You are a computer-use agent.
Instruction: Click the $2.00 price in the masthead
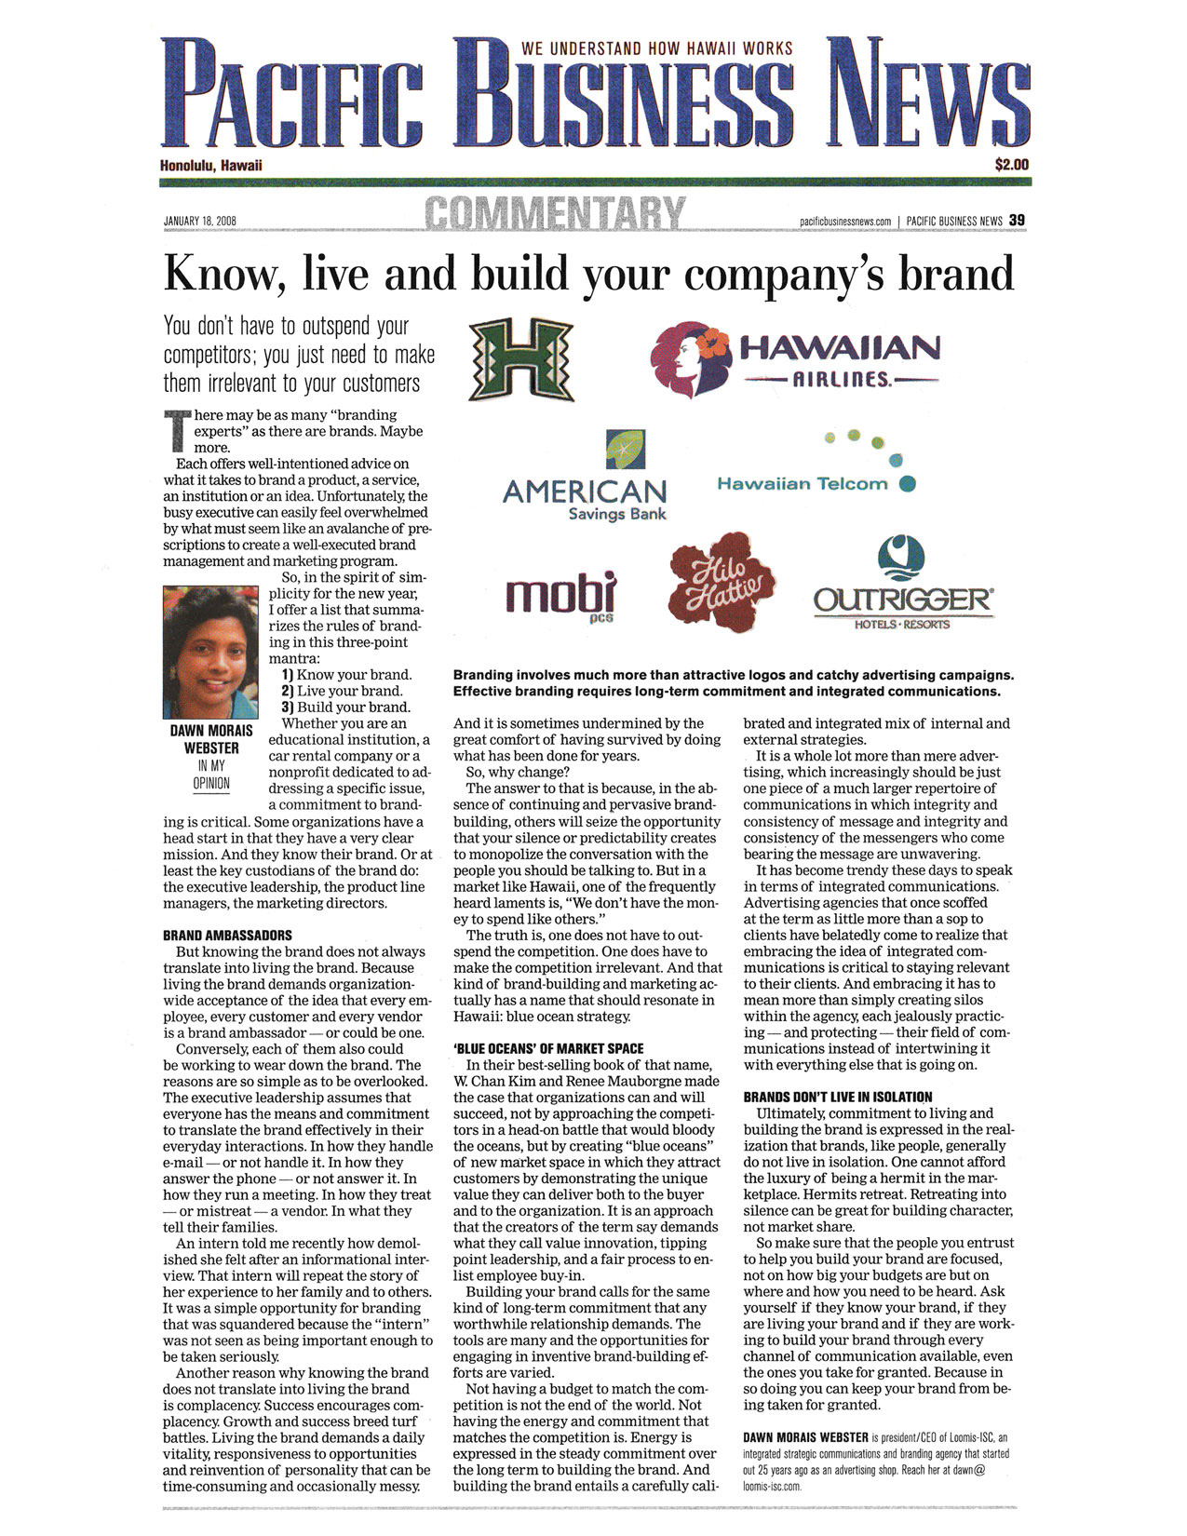(1011, 165)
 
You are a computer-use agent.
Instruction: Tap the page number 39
(1017, 221)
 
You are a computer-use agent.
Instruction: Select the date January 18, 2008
(199, 222)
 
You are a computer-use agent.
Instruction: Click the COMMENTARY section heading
(556, 214)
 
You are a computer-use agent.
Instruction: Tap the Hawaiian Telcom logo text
(802, 484)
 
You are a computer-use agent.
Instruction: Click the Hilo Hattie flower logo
(722, 587)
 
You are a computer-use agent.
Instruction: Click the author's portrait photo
(210, 652)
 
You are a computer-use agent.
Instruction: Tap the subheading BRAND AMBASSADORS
(227, 936)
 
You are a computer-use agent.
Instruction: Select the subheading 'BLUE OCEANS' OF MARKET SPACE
(548, 1048)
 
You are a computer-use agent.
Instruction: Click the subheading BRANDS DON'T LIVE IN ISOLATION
(837, 1097)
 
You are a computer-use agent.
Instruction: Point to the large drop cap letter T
(177, 432)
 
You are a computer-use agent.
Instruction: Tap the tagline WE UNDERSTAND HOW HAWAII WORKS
(656, 48)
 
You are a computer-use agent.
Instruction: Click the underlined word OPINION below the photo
(211, 783)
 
